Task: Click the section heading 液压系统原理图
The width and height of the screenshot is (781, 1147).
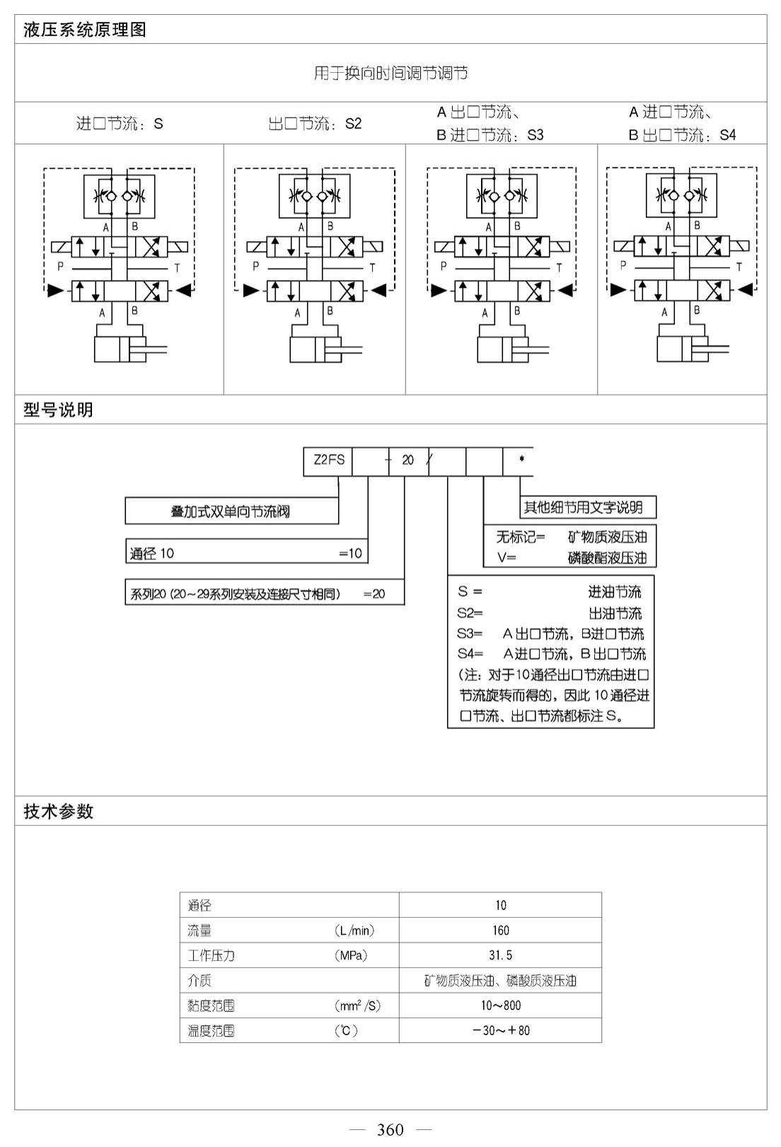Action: pyautogui.click(x=84, y=30)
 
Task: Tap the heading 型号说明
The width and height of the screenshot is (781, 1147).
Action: pyautogui.click(x=58, y=409)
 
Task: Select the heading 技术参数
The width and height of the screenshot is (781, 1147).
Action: pyautogui.click(x=58, y=811)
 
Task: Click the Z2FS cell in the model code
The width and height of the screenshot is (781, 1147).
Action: pyautogui.click(x=329, y=460)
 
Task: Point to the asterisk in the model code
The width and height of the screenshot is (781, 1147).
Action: pyautogui.click(x=521, y=459)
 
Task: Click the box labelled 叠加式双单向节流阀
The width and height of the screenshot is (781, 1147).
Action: pyautogui.click(x=231, y=511)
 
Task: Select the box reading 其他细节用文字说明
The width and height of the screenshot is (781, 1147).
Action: pyautogui.click(x=587, y=507)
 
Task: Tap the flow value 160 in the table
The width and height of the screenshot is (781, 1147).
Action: pyautogui.click(x=500, y=931)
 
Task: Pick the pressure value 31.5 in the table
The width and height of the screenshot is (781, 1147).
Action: pyautogui.click(x=500, y=955)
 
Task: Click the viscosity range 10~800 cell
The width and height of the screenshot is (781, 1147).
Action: pyautogui.click(x=500, y=1005)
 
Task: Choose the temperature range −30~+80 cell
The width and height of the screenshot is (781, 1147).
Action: pyautogui.click(x=500, y=1030)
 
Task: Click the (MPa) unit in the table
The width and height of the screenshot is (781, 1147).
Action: pyautogui.click(x=351, y=955)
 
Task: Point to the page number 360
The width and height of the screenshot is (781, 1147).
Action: pyautogui.click(x=390, y=1129)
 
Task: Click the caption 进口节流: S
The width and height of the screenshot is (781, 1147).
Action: pyautogui.click(x=120, y=124)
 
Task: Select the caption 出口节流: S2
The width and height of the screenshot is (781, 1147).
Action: pyautogui.click(x=314, y=124)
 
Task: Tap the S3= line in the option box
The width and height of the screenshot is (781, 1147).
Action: pyautogui.click(x=550, y=634)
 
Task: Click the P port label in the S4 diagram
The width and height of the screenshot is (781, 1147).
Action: pyautogui.click(x=623, y=264)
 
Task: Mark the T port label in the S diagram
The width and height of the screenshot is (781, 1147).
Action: pyautogui.click(x=177, y=267)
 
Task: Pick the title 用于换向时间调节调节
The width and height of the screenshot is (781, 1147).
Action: pyautogui.click(x=390, y=74)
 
